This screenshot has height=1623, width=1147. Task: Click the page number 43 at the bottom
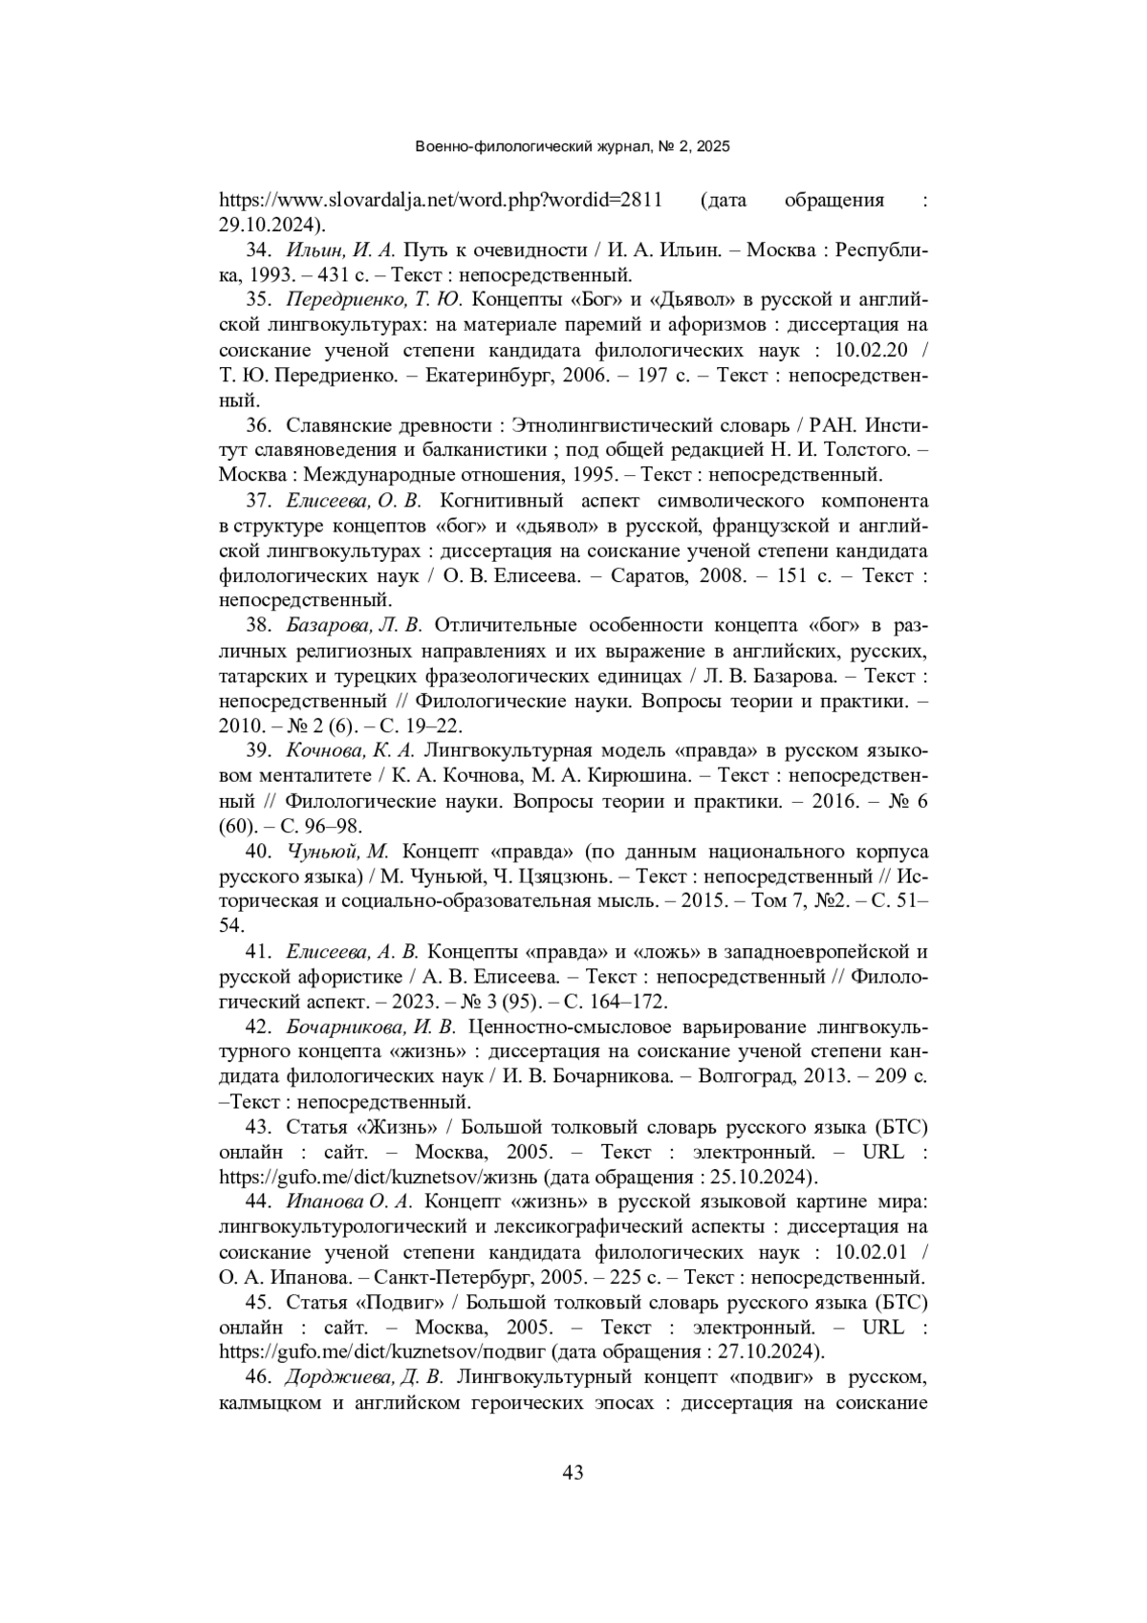pos(573,1473)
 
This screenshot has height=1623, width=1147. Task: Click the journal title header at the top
pos(573,147)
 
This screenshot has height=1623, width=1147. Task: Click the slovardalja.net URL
pos(441,201)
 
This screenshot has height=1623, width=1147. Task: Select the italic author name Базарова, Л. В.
pos(354,626)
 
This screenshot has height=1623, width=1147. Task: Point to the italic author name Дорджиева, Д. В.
pos(364,1377)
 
